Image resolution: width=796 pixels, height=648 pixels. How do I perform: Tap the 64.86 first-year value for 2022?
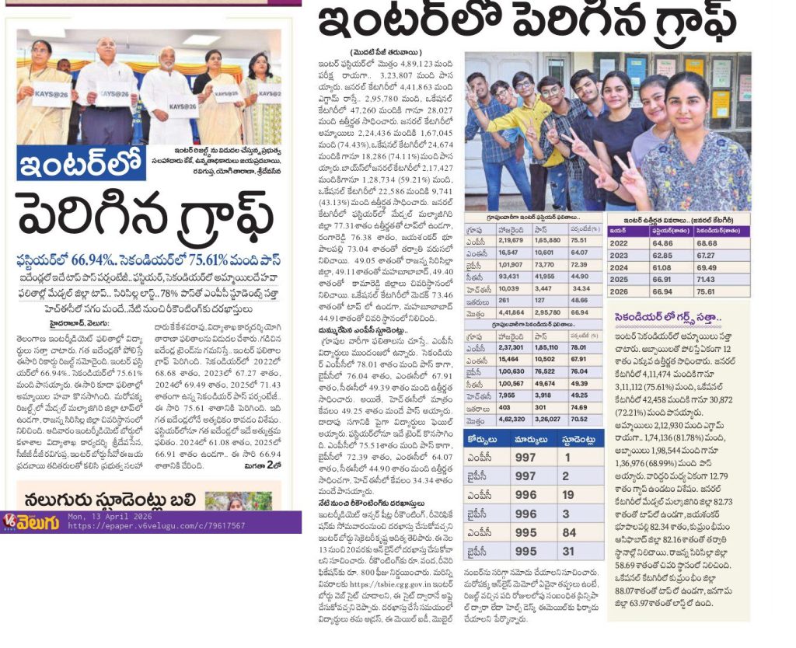coord(662,243)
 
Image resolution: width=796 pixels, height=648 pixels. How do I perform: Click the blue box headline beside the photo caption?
coord(82,162)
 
